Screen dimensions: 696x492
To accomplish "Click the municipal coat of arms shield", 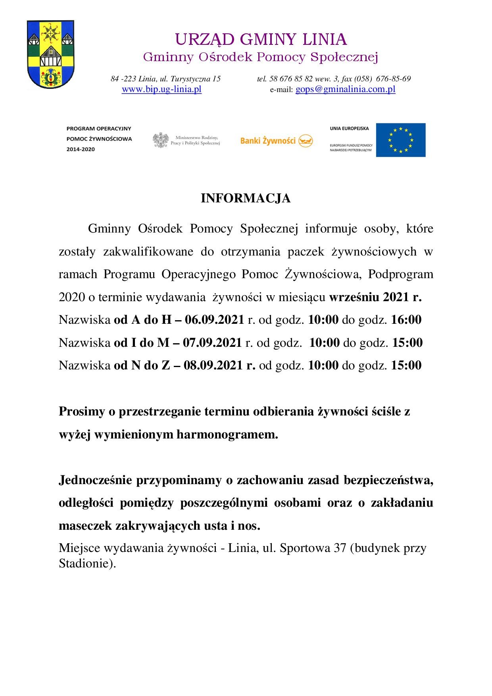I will pyautogui.click(x=50, y=55).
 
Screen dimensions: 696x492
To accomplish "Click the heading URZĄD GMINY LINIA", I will pyautogui.click(x=261, y=40).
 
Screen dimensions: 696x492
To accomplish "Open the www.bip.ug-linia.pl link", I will pyautogui.click(x=161, y=90).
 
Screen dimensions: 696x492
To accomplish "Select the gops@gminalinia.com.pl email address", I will pyautogui.click(x=345, y=90).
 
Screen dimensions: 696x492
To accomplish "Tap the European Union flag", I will pyautogui.click(x=400, y=140).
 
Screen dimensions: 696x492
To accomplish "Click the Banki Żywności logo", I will pyautogui.click(x=277, y=140).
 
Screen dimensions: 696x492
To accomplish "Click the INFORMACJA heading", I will pyautogui.click(x=246, y=198).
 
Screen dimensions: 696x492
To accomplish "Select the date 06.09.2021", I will pyautogui.click(x=214, y=320).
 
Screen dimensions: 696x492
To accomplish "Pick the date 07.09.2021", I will pyautogui.click(x=212, y=343).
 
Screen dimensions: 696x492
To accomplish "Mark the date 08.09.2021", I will pyautogui.click(x=213, y=365).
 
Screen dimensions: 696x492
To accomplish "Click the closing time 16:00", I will pyautogui.click(x=406, y=320).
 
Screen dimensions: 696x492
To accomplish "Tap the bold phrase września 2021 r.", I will pyautogui.click(x=375, y=297).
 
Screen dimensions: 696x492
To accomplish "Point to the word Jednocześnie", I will pyautogui.click(x=96, y=480).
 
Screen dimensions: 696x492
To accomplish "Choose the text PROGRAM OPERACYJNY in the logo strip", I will pyautogui.click(x=99, y=129).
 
